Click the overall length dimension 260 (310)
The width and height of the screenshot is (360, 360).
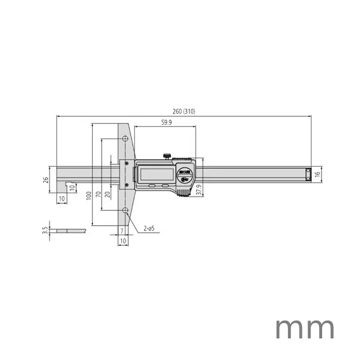184,112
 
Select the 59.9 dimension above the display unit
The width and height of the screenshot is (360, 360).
165,123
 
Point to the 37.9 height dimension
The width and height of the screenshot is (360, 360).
199,187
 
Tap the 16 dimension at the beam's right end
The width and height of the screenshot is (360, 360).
317,174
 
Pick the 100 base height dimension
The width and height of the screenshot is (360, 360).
89,196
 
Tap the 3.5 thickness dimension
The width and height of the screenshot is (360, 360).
46,230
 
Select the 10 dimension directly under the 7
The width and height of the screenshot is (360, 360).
123,240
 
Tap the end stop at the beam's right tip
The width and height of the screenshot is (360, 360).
308,174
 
